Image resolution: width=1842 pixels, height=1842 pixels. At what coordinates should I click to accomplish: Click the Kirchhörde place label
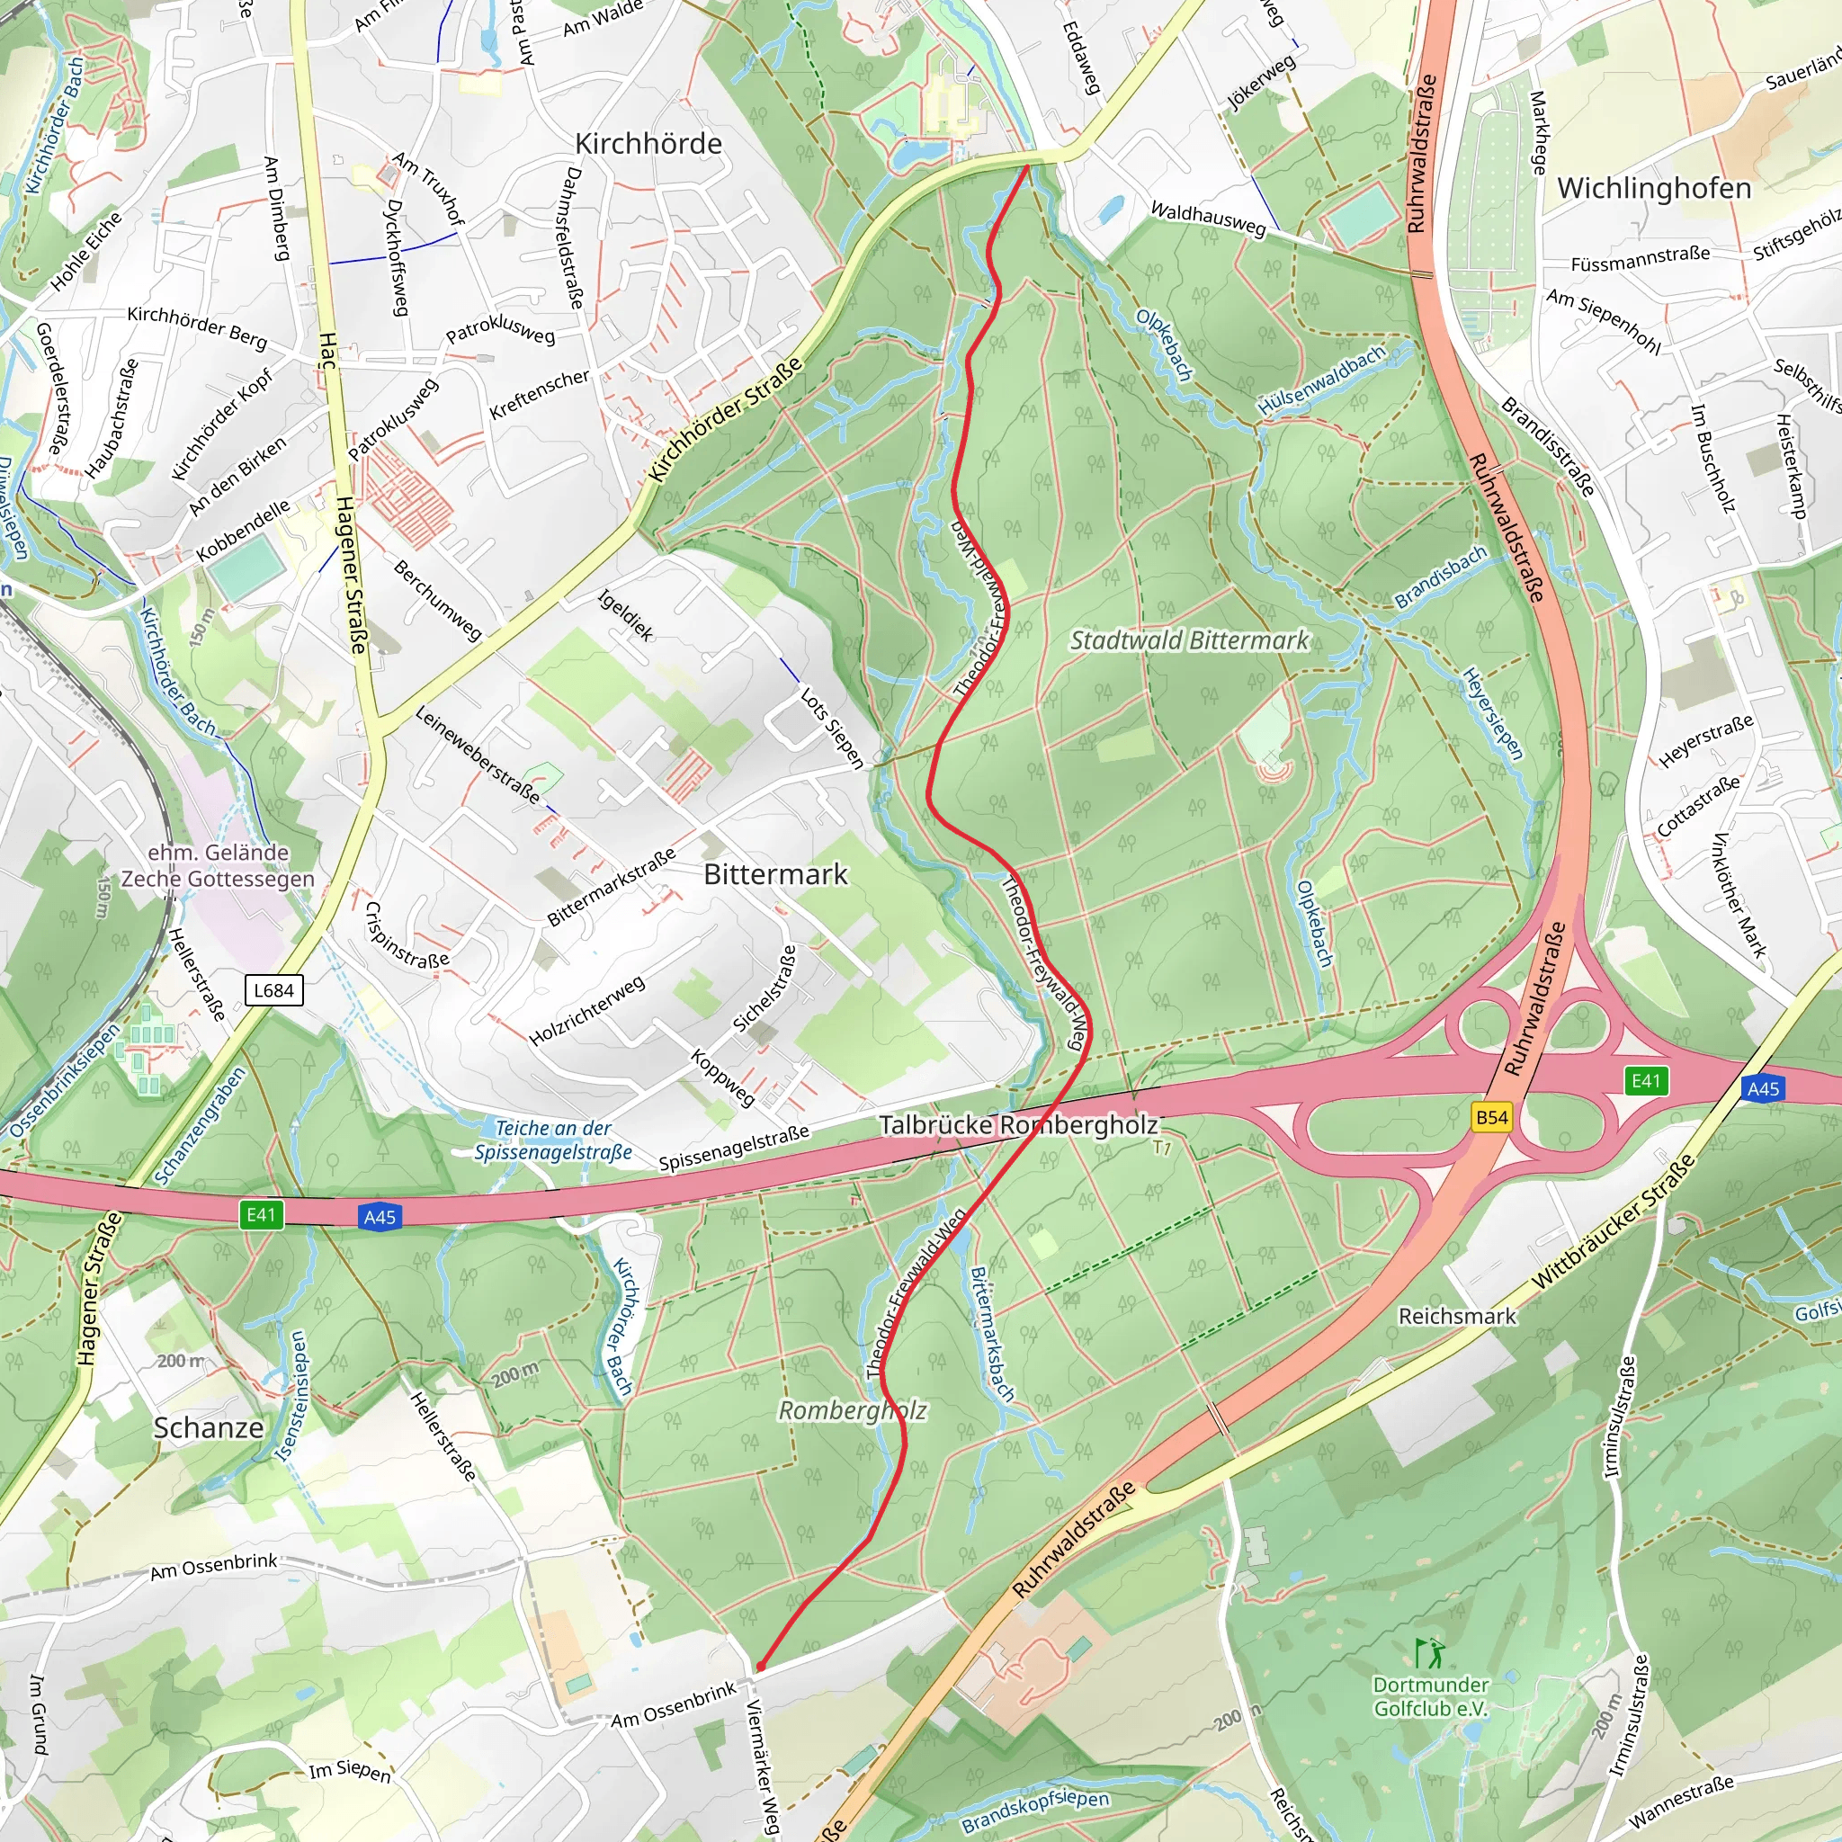tap(648, 144)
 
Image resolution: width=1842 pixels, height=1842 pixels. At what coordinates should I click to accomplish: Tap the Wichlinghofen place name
tap(1654, 188)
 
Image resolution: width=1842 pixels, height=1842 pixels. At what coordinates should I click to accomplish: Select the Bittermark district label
tap(775, 874)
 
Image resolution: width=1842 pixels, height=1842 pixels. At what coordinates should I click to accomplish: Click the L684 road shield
tap(273, 990)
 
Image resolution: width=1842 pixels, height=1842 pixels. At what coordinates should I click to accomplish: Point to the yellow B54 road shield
tap(1491, 1117)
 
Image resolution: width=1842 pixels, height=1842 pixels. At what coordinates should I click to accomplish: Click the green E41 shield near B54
tap(1647, 1080)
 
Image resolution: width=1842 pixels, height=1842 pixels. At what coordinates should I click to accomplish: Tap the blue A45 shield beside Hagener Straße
tap(380, 1218)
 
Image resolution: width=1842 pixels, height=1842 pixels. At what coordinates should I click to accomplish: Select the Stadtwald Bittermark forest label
tap(1189, 640)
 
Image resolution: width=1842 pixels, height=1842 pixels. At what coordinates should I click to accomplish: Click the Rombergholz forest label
tap(853, 1411)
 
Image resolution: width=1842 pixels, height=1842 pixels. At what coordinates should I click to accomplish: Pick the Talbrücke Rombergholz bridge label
tap(1018, 1126)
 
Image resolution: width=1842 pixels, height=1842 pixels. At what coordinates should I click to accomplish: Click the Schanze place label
tap(209, 1428)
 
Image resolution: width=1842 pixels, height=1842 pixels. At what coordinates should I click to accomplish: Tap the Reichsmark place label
tap(1457, 1317)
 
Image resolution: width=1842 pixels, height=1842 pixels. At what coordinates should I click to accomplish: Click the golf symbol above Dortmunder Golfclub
tap(1430, 1653)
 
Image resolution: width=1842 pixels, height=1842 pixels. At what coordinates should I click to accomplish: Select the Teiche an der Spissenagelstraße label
tap(553, 1140)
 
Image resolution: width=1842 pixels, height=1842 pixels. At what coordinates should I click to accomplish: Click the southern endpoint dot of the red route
tap(760, 1667)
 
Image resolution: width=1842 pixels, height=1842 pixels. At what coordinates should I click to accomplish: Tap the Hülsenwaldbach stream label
tap(1321, 380)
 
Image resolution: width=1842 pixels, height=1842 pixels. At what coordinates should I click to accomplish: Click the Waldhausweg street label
tap(1208, 219)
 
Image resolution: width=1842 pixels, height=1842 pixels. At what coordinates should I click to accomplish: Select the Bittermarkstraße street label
tap(611, 887)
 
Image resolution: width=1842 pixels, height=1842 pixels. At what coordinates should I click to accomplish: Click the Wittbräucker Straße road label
tap(1614, 1222)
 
